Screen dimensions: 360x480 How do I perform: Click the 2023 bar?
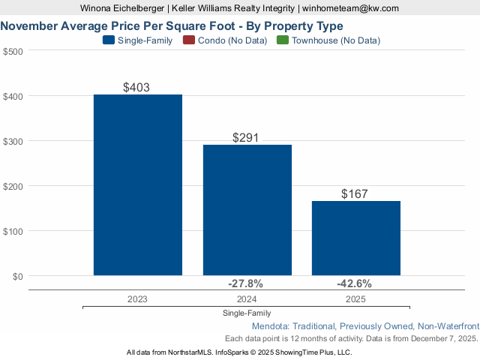(138, 185)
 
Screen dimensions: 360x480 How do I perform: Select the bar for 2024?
(247, 210)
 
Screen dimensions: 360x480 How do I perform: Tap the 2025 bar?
(356, 238)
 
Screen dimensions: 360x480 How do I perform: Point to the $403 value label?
(136, 87)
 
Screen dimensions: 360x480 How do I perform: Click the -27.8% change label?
(245, 284)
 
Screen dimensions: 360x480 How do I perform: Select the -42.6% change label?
(354, 284)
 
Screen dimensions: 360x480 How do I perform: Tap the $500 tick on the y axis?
(13, 51)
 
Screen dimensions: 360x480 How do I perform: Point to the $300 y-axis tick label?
(13, 141)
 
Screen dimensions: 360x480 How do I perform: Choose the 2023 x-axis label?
(137, 298)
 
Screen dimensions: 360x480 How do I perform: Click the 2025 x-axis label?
(355, 298)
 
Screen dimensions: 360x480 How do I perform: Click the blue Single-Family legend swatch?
(108, 40)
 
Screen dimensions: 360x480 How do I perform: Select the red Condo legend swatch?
(189, 40)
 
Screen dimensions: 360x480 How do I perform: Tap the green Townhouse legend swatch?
(282, 40)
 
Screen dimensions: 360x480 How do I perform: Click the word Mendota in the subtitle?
(271, 327)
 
